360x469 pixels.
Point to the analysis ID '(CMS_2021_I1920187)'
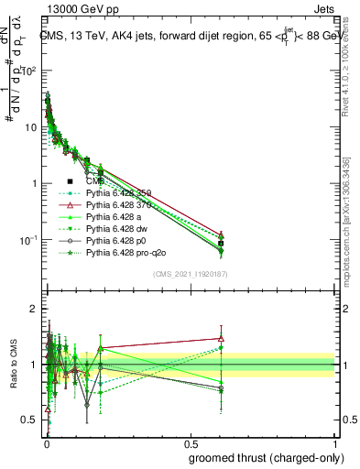point(190,273)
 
